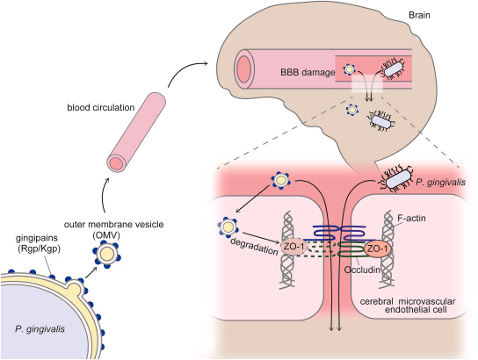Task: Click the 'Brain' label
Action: (419, 15)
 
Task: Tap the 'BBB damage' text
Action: (308, 72)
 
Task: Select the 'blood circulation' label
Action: (100, 107)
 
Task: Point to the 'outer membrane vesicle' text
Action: (113, 224)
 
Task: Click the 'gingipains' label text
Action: (37, 238)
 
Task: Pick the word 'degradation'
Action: (254, 246)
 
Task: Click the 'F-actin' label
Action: (411, 218)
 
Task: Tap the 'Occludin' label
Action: (362, 270)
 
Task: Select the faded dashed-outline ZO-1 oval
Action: (293, 247)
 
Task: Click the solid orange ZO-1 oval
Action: (378, 249)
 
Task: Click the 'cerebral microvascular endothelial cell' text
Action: (408, 306)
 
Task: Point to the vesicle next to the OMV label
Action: (107, 255)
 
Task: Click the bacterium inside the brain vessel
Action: (394, 69)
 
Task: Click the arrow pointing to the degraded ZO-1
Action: (262, 239)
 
